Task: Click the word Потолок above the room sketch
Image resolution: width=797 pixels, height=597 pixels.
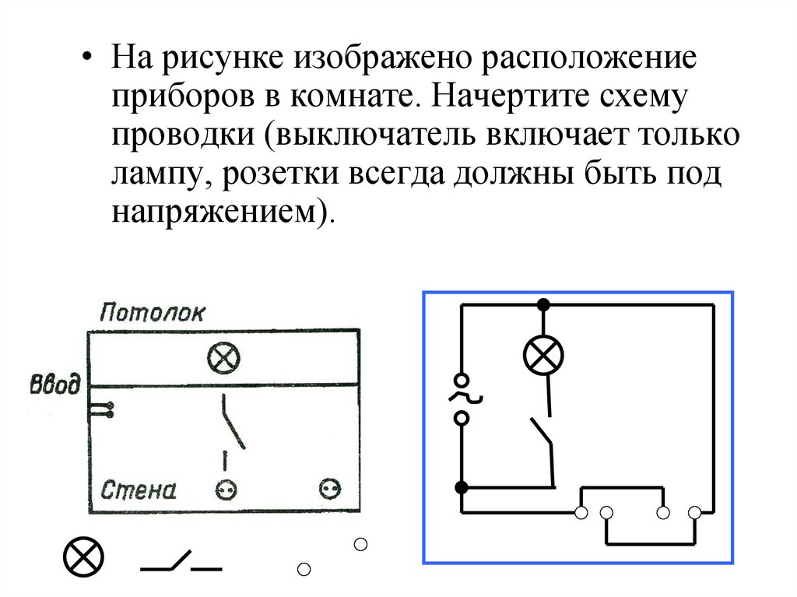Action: tap(153, 313)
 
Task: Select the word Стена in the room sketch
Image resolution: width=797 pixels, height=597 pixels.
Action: tap(139, 490)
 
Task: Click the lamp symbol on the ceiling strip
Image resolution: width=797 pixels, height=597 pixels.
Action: tap(223, 359)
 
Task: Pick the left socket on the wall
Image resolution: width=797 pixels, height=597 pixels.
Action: tap(226, 490)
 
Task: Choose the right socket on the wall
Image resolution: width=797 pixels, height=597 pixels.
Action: tap(330, 489)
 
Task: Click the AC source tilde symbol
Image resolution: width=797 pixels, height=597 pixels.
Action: tap(462, 399)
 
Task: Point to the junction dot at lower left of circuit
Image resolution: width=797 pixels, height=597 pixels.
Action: tap(461, 488)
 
